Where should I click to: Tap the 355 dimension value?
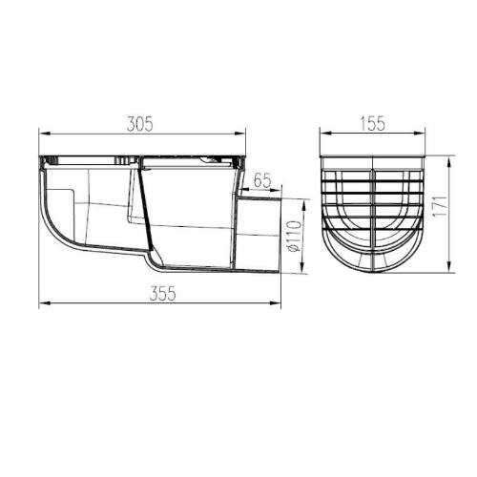[x=164, y=295]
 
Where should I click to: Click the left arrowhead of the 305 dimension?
[x=42, y=135]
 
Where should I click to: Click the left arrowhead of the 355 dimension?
[x=42, y=306]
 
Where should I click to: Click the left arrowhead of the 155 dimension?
[x=322, y=135]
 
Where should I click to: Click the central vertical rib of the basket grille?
[x=372, y=215]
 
